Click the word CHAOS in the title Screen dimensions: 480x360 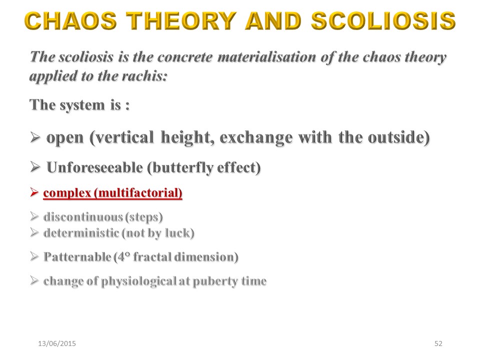tap(70, 21)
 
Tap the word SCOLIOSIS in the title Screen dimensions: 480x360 tap(383, 21)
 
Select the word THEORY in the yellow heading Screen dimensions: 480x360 tap(181, 21)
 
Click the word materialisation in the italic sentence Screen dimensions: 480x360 tap(266, 57)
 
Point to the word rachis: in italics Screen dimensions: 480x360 tap(144, 76)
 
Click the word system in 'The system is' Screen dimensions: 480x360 tap(82, 105)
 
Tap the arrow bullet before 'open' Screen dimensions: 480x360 tap(35, 137)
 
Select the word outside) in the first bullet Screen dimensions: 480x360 tap(398, 137)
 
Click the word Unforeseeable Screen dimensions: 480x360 tap(94, 167)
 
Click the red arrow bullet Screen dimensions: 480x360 tap(34, 192)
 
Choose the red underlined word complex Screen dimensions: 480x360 tap(67, 193)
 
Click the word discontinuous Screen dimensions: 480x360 tap(83, 216)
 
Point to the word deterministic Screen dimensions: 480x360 tap(81, 233)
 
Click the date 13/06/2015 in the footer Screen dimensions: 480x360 tap(57, 343)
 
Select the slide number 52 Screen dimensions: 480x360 tap(438, 343)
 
